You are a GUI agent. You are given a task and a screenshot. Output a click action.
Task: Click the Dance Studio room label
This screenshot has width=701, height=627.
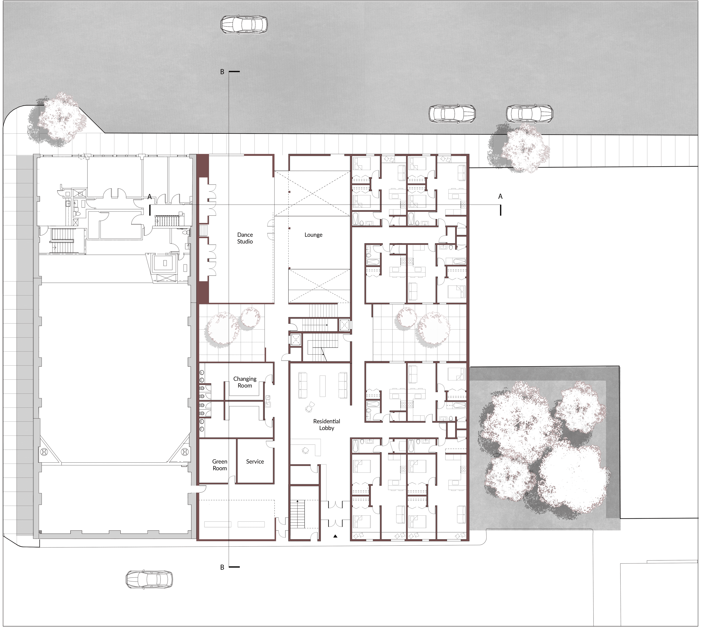pyautogui.click(x=245, y=238)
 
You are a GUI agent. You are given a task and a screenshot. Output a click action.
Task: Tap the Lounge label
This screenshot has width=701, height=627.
pyautogui.click(x=313, y=235)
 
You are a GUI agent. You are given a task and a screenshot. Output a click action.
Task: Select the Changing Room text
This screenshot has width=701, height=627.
pyautogui.click(x=245, y=382)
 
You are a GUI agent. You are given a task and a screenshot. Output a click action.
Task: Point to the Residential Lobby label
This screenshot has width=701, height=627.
pyautogui.click(x=327, y=424)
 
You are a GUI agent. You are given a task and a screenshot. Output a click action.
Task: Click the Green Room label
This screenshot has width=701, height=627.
pyautogui.click(x=220, y=465)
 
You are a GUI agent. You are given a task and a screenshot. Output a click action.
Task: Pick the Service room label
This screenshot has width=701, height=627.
pyautogui.click(x=255, y=462)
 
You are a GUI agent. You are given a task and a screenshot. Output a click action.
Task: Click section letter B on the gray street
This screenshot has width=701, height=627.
pyautogui.click(x=222, y=72)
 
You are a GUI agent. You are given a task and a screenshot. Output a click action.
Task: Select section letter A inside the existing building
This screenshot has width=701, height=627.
pyautogui.click(x=150, y=197)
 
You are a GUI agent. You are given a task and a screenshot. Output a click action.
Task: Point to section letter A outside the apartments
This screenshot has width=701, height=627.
pyautogui.click(x=501, y=196)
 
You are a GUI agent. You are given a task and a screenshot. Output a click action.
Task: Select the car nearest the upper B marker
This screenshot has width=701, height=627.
pyautogui.click(x=244, y=25)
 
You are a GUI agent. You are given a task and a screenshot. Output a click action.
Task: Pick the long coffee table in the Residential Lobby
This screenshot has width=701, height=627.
pyautogui.click(x=322, y=386)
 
